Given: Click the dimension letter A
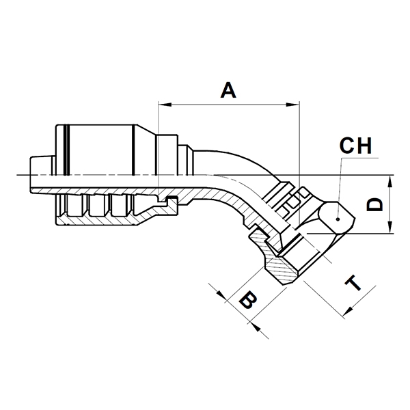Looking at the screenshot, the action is (228, 90).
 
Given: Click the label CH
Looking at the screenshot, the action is (355, 146).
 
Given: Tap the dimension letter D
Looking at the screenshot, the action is (374, 204).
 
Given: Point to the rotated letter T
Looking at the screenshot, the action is (353, 283).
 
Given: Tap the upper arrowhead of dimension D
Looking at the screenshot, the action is (390, 182).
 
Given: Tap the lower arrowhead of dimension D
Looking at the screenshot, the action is (390, 226).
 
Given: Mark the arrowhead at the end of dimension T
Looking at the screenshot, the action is (348, 312).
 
